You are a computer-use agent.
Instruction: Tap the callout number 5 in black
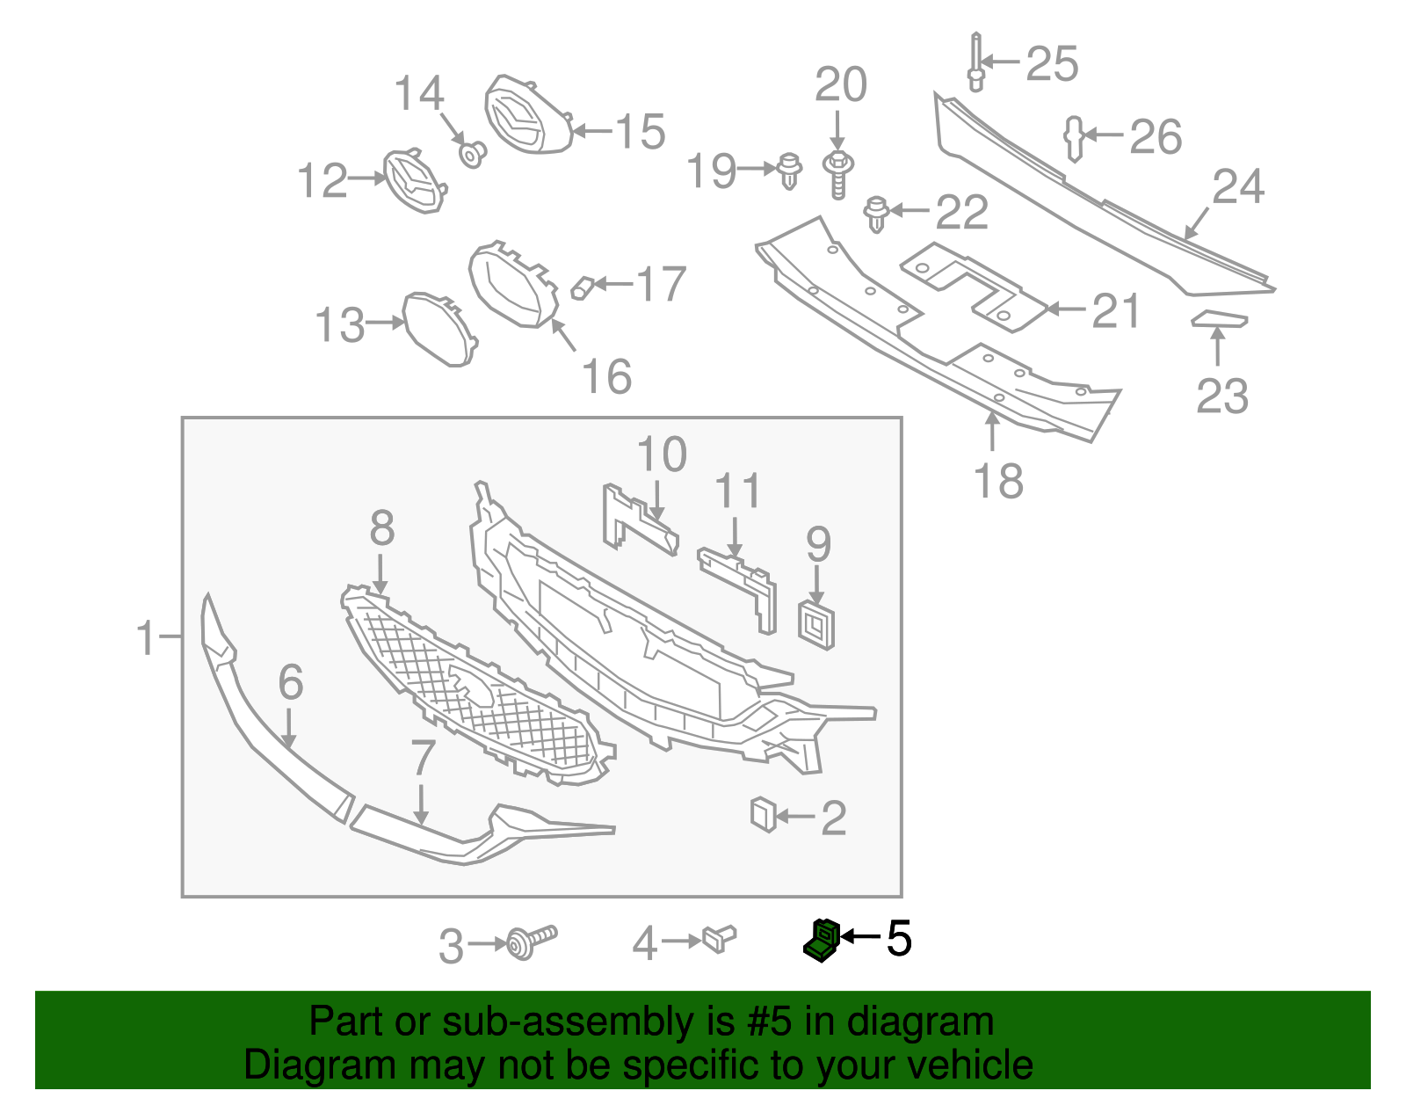(x=899, y=939)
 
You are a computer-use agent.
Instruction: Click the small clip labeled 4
(x=719, y=939)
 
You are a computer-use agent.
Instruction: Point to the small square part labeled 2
(x=763, y=814)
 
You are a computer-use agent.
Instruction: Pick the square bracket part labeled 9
(x=816, y=625)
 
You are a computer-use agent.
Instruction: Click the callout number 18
(x=998, y=481)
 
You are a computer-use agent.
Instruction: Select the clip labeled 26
(x=1074, y=138)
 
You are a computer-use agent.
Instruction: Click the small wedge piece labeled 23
(x=1219, y=319)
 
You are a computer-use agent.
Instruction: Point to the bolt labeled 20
(x=838, y=173)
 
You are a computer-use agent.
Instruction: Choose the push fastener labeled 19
(x=791, y=171)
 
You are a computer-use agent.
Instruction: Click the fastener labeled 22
(x=876, y=214)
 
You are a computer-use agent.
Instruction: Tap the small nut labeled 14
(x=473, y=155)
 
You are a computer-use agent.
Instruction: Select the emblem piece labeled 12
(x=414, y=181)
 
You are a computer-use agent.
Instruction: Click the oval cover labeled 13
(x=438, y=328)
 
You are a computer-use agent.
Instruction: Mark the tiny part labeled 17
(x=583, y=287)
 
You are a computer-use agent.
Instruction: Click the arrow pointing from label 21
(x=1065, y=309)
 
